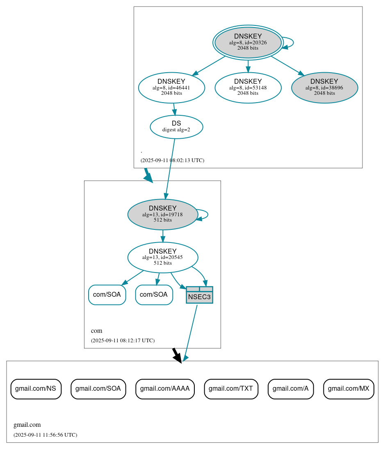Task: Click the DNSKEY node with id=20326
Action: (248, 42)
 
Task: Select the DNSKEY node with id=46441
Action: (171, 87)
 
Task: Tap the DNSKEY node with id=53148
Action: (248, 87)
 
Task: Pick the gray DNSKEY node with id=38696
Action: (324, 87)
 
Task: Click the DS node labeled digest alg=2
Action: (176, 127)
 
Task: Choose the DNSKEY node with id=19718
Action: (163, 214)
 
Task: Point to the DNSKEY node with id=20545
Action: (163, 257)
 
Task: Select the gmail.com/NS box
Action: (36, 389)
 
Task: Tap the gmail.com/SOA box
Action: (98, 389)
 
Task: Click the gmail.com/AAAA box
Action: (165, 389)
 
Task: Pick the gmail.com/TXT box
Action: (231, 389)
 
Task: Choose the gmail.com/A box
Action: (291, 389)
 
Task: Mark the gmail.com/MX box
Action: (349, 389)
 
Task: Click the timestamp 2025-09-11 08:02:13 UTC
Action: (172, 160)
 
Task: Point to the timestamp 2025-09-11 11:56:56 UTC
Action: (45, 435)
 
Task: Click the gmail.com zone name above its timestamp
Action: (27, 425)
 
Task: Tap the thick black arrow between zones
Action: (177, 355)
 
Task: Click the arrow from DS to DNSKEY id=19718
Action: (170, 168)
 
